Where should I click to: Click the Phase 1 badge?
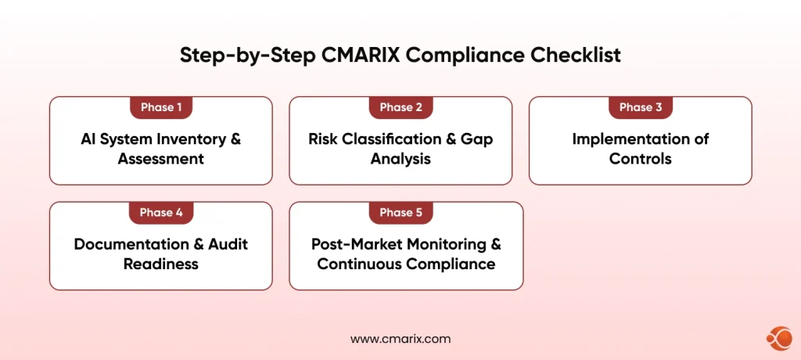(x=160, y=107)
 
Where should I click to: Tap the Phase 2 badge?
(x=400, y=107)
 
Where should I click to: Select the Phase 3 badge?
(x=640, y=107)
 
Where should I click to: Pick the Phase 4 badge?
(x=160, y=213)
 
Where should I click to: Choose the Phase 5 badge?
(x=400, y=213)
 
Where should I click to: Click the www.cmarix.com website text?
(x=400, y=339)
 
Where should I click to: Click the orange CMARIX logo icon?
(x=778, y=338)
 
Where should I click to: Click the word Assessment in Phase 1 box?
(x=160, y=159)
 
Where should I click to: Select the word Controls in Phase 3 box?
(x=640, y=159)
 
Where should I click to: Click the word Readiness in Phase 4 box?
(x=160, y=264)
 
